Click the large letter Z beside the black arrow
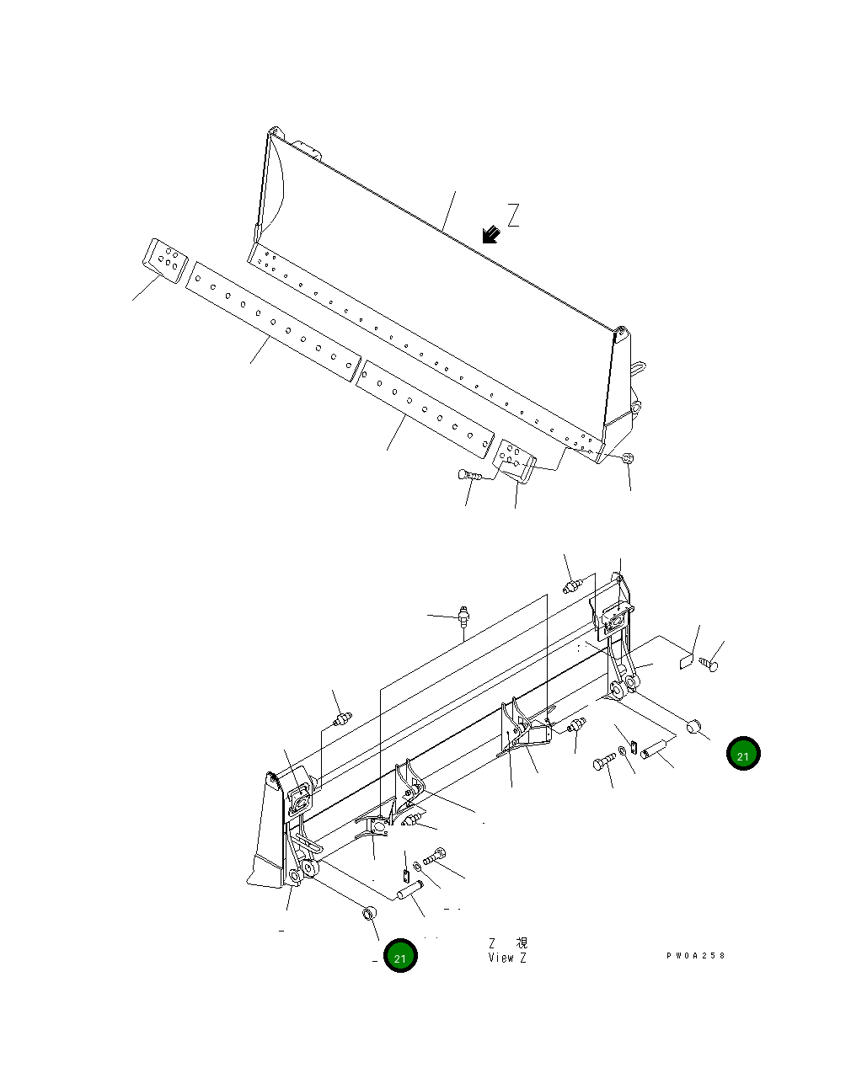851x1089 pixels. (x=513, y=216)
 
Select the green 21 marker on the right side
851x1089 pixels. (x=743, y=755)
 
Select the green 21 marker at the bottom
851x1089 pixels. (x=400, y=957)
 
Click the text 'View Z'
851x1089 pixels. (x=507, y=958)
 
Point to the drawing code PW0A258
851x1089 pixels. (x=695, y=956)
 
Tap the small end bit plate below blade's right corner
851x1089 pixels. (x=515, y=458)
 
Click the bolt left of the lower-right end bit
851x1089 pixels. (x=468, y=476)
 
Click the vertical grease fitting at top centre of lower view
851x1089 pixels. (x=462, y=617)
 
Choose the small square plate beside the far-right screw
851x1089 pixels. (x=686, y=661)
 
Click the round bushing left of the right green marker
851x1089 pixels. (x=695, y=725)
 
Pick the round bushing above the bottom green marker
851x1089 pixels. (x=369, y=913)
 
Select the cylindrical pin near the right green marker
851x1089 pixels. (x=654, y=749)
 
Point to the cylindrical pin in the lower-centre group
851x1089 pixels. (x=410, y=887)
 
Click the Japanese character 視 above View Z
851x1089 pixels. (x=522, y=942)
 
